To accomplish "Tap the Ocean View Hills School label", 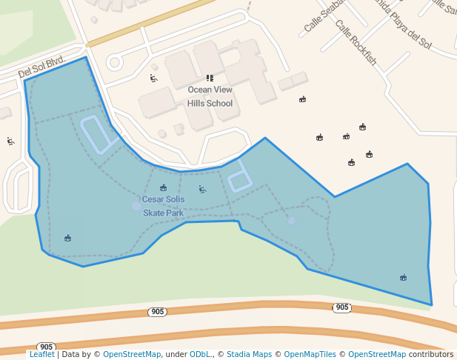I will click(210, 96).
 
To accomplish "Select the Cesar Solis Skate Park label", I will click(163, 206).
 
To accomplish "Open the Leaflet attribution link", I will click(41, 354).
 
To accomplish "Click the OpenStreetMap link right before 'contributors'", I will click(377, 354).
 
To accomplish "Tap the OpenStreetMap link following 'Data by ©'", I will click(132, 354).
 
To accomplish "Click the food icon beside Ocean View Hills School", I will click(210, 78).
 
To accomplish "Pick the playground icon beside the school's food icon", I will click(153, 78).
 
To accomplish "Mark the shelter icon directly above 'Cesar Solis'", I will click(163, 187).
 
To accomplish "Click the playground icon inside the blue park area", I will click(202, 190).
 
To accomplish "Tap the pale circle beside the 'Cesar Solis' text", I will click(136, 206).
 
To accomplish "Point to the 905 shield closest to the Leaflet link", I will click(46, 347).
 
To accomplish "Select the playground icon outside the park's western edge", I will click(10, 141).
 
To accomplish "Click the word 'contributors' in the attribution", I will click(430, 354).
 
